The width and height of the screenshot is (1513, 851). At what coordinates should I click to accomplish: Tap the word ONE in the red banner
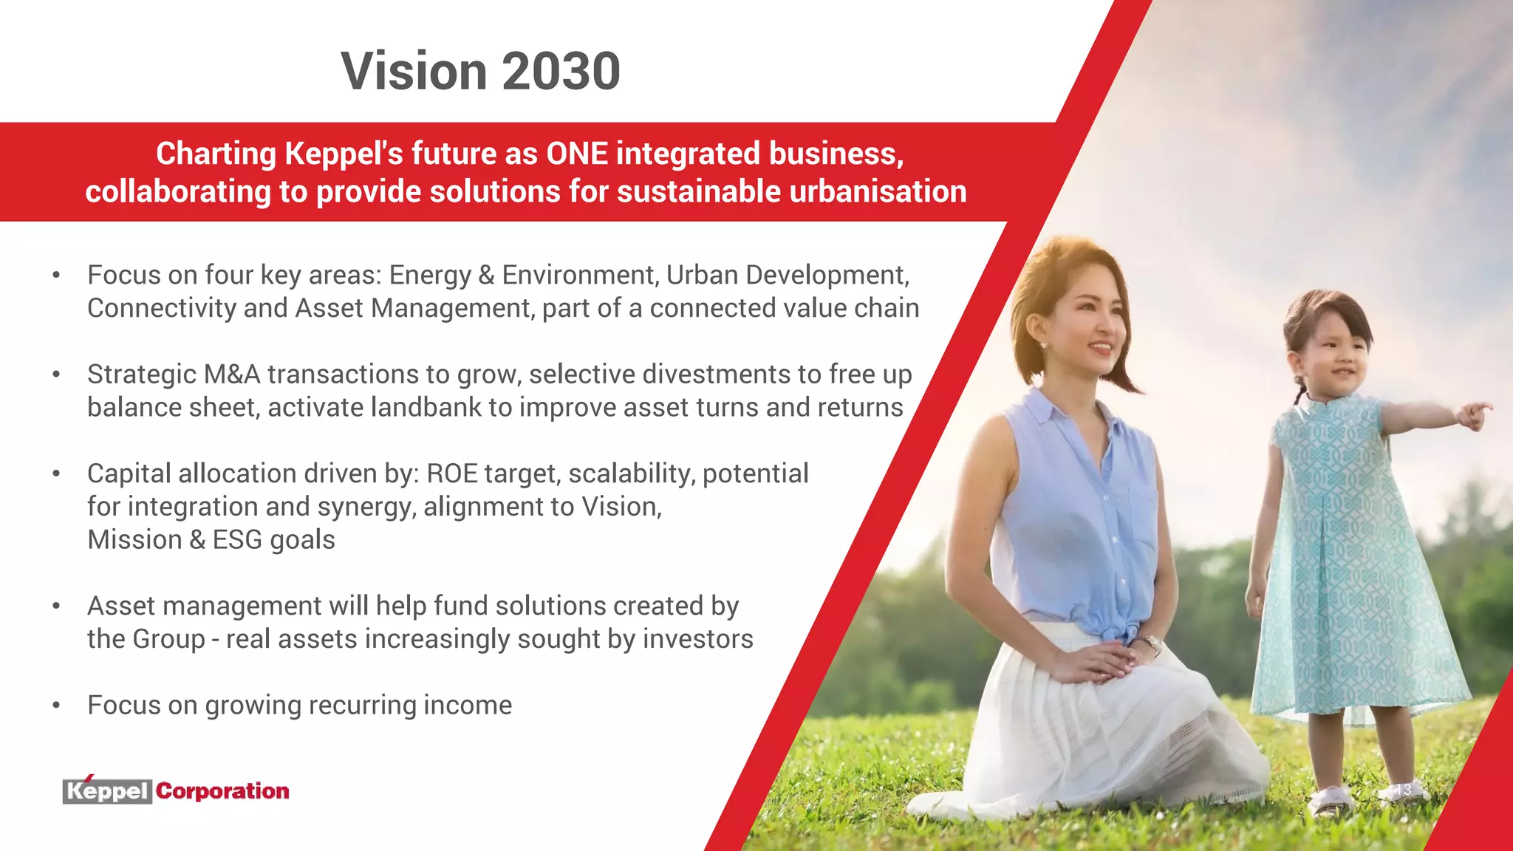[x=576, y=154]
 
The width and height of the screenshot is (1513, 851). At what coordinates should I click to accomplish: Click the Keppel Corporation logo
[x=176, y=791]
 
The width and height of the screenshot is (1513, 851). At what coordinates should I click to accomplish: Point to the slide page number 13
[x=1403, y=790]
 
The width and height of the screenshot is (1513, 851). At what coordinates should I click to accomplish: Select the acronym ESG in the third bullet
[x=237, y=540]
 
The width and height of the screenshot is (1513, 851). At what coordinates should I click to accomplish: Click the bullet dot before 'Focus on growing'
[x=56, y=705]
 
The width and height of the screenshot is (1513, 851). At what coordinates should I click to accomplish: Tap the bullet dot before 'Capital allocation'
[x=56, y=474]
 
